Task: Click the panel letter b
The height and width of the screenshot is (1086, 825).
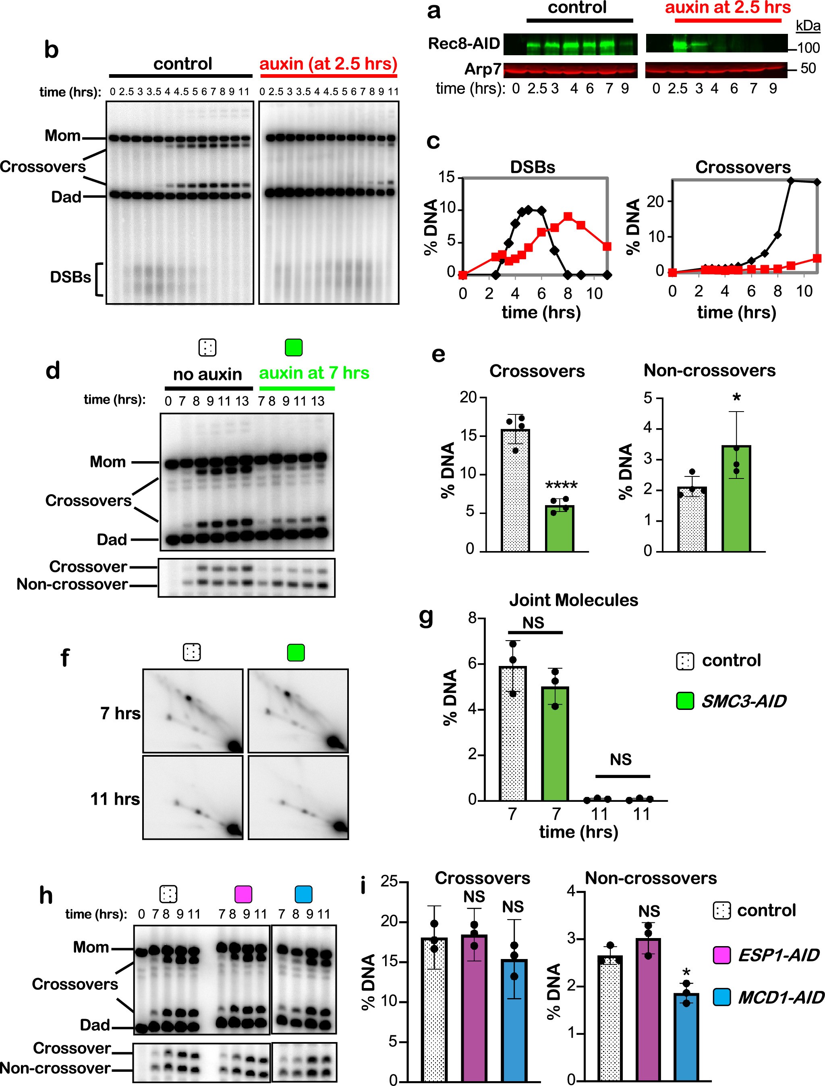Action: click(51, 50)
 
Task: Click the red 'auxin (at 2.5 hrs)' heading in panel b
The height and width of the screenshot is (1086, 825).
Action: click(328, 64)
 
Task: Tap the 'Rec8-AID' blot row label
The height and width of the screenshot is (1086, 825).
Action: click(464, 43)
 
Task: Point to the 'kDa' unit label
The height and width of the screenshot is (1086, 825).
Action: click(808, 25)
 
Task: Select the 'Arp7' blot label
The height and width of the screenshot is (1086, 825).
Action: click(483, 69)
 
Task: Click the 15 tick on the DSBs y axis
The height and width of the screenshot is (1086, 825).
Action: click(447, 177)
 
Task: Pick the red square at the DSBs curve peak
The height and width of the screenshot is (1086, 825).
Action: click(568, 216)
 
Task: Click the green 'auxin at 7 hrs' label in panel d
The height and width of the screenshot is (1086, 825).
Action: click(314, 373)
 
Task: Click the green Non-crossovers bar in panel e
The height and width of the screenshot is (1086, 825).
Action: click(736, 499)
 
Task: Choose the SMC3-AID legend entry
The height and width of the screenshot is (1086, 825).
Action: click(743, 701)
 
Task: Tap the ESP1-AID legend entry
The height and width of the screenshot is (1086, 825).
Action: click(778, 955)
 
